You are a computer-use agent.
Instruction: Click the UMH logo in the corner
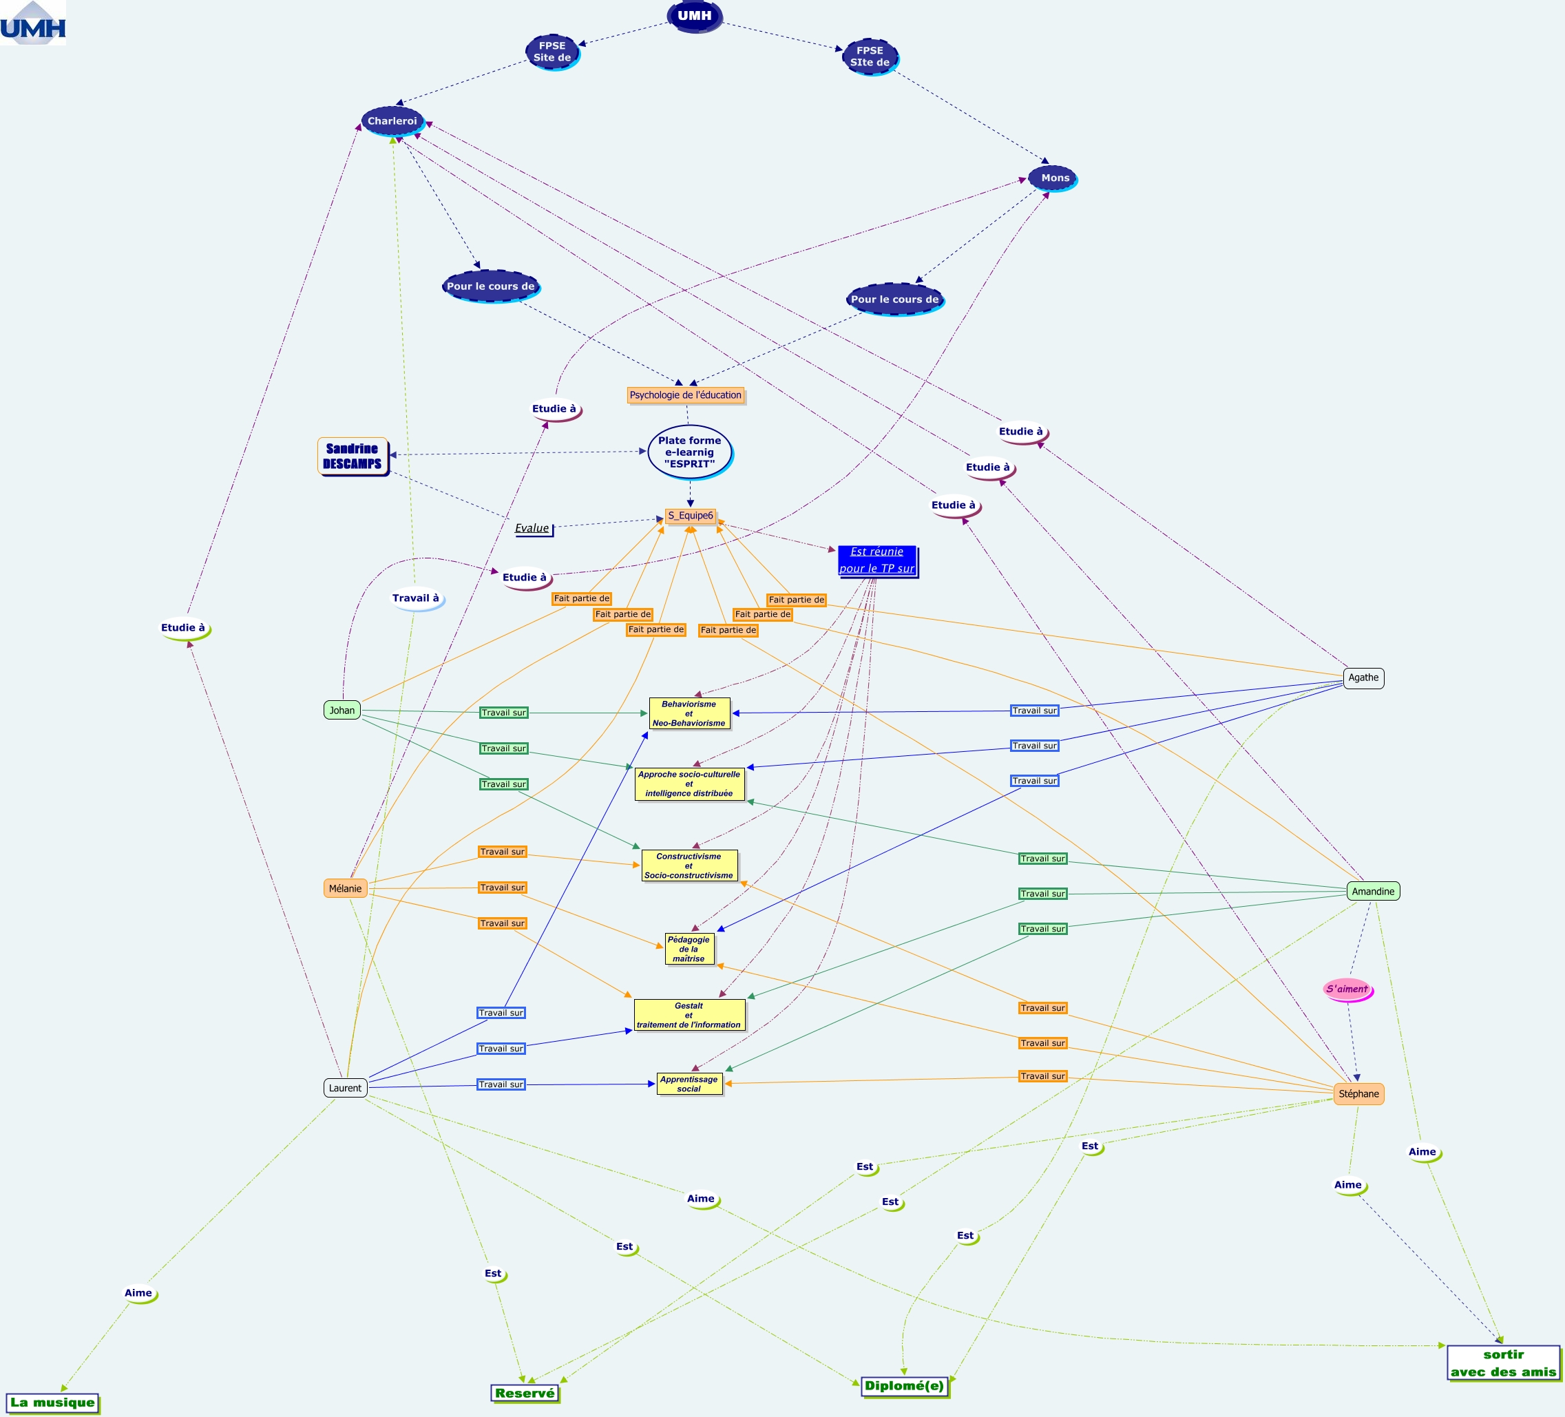tap(32, 23)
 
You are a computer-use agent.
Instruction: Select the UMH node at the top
tap(694, 16)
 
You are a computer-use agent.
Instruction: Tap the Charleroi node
tap(392, 121)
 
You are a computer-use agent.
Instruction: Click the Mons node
tap(1054, 178)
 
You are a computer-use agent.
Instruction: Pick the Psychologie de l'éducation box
tap(686, 395)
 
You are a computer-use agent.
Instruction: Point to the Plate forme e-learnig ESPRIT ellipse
tap(689, 452)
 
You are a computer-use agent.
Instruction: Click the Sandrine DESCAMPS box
tap(353, 456)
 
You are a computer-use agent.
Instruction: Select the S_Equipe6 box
tap(690, 516)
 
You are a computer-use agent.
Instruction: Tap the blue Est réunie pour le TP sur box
tap(876, 560)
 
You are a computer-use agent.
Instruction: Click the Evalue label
tap(532, 528)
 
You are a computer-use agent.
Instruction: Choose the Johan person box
tap(342, 710)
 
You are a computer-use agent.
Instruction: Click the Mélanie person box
tap(345, 888)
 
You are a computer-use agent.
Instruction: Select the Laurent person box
tap(345, 1088)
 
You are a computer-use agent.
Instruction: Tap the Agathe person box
tap(1363, 678)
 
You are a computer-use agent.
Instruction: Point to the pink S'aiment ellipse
tap(1347, 989)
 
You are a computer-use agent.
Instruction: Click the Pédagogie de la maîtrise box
tap(689, 949)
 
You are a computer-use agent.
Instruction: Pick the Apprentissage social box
tap(689, 1084)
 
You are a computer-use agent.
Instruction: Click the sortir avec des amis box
tap(1503, 1363)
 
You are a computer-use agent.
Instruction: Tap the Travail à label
tap(415, 598)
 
